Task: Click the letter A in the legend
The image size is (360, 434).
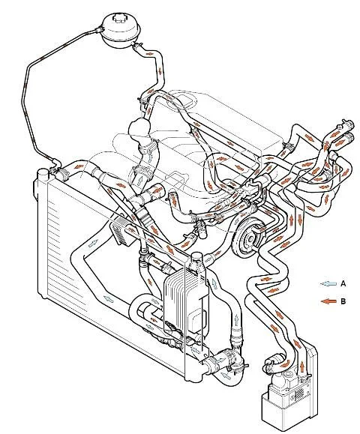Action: (343, 283)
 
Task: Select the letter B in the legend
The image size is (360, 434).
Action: (343, 301)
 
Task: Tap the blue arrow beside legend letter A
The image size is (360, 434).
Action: (328, 283)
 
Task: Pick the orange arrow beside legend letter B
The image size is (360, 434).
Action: (328, 301)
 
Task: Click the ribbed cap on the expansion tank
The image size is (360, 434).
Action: (120, 19)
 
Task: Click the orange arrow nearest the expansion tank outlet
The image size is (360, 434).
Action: (149, 53)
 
